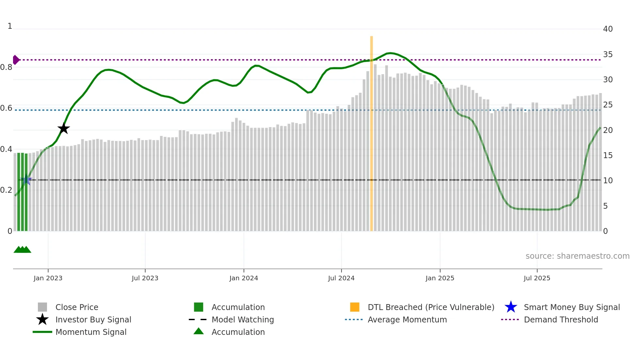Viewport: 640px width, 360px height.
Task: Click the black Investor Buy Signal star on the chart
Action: (64, 128)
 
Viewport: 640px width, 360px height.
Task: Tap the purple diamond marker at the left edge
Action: (16, 60)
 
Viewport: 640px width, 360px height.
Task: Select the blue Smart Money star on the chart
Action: (26, 180)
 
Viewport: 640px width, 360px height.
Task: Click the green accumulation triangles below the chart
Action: (22, 250)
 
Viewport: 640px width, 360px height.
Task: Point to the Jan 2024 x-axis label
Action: (244, 278)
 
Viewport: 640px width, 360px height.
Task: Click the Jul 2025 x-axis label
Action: (537, 278)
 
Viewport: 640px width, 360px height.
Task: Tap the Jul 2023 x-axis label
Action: (145, 278)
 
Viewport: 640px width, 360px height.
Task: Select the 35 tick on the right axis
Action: (608, 55)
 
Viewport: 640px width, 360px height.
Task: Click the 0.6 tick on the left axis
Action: (6, 108)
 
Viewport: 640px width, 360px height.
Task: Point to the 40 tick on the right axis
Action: (608, 29)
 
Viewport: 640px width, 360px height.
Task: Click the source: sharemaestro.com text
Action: (577, 256)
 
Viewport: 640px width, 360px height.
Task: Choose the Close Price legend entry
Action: (77, 307)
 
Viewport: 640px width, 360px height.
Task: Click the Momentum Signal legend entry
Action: (91, 332)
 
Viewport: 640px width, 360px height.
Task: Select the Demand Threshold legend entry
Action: (561, 319)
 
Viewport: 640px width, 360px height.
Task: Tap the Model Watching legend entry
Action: (243, 319)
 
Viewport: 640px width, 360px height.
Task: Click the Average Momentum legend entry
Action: (407, 319)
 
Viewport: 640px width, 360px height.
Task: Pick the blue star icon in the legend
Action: (511, 307)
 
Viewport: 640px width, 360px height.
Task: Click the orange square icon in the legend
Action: (355, 307)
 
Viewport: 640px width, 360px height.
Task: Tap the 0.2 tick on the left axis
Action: (6, 190)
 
